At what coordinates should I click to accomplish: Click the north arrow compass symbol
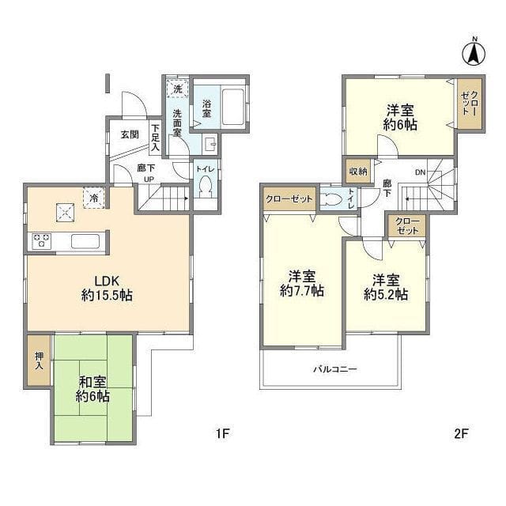[x=474, y=52]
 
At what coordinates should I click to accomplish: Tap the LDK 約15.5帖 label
[x=107, y=288]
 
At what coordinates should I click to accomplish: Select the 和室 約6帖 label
[x=93, y=389]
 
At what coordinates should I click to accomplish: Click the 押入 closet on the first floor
[x=39, y=361]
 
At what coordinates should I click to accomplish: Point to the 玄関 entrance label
[x=130, y=134]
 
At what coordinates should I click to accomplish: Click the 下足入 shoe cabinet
[x=156, y=138]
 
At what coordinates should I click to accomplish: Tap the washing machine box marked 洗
[x=177, y=88]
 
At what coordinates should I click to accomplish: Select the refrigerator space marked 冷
[x=94, y=198]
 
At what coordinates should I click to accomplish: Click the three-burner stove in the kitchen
[x=42, y=241]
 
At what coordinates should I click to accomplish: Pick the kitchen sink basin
[x=85, y=241]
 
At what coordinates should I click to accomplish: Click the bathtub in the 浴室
[x=233, y=107]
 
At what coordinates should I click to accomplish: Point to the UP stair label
[x=149, y=179]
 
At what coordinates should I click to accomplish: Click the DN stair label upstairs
[x=420, y=172]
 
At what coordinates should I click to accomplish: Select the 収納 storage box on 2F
[x=358, y=172]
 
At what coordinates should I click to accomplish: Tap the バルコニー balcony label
[x=335, y=369]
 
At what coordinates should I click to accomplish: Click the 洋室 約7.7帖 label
[x=302, y=284]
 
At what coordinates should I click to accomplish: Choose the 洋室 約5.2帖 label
[x=386, y=287]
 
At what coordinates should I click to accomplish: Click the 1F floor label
[x=222, y=433]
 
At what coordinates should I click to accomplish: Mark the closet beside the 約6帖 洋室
[x=470, y=104]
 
